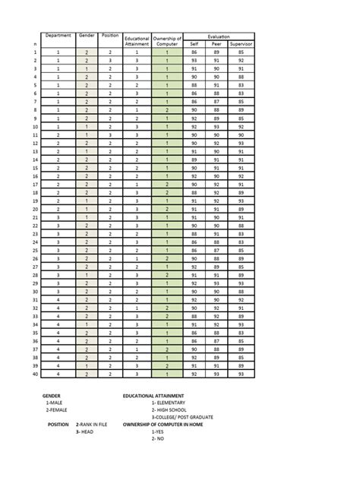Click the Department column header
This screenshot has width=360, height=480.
[x=58, y=36]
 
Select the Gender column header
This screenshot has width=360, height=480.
[x=87, y=36]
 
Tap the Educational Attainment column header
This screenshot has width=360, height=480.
[x=137, y=41]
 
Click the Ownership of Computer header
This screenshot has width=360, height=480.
[x=166, y=41]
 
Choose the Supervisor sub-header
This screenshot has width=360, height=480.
[x=241, y=44]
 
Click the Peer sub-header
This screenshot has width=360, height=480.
[x=217, y=44]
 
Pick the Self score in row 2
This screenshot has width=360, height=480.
[x=194, y=60]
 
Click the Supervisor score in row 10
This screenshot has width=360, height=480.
[x=241, y=126]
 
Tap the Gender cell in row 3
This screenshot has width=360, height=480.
[x=87, y=68]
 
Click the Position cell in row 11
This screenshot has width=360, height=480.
[x=110, y=134]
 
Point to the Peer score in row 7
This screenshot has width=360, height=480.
[x=217, y=101]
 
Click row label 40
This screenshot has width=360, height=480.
[x=35, y=374]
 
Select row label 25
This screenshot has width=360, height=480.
[x=35, y=250]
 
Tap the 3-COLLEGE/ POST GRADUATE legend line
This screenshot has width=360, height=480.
[x=182, y=417]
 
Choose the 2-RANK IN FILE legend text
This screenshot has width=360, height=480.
[x=91, y=425]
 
